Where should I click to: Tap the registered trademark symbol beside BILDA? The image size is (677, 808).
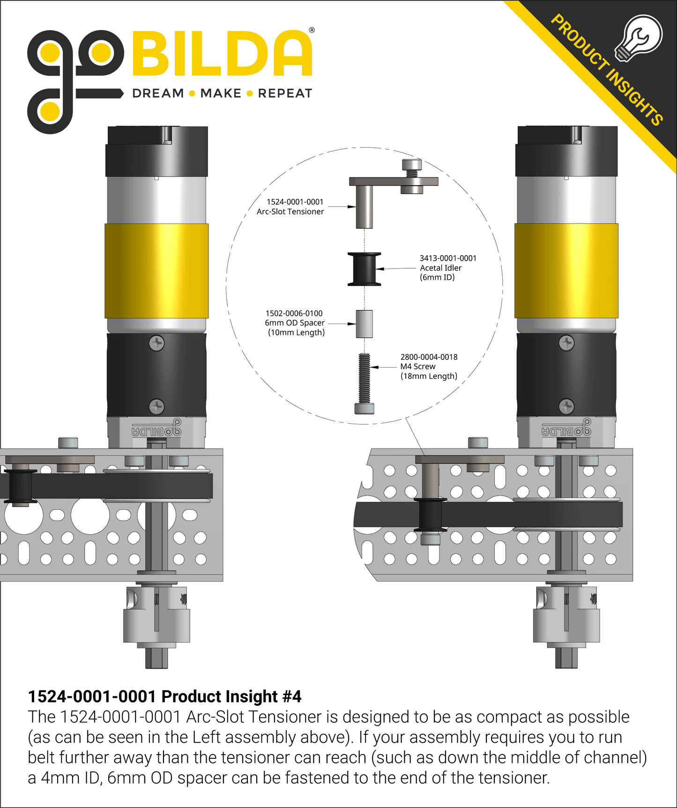click(x=312, y=30)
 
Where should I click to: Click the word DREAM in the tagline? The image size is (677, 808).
click(x=158, y=93)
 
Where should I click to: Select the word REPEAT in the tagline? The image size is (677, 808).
click(x=285, y=93)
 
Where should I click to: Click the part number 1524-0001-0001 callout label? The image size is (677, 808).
click(x=295, y=202)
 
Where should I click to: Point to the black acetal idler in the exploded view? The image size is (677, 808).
click(x=365, y=269)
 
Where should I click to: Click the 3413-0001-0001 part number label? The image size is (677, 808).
click(x=448, y=258)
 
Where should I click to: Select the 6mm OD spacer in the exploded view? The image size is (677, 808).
click(x=365, y=324)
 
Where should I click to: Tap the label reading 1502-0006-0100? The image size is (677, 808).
click(x=294, y=313)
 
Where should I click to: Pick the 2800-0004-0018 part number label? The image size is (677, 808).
click(x=429, y=357)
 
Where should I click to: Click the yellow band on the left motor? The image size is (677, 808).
click(x=156, y=271)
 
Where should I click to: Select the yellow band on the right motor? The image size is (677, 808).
click(x=566, y=271)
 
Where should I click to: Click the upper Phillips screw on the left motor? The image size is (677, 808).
click(x=156, y=343)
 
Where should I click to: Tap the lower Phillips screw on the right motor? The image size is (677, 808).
click(x=566, y=406)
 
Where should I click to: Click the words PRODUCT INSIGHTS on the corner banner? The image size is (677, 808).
click(x=607, y=70)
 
